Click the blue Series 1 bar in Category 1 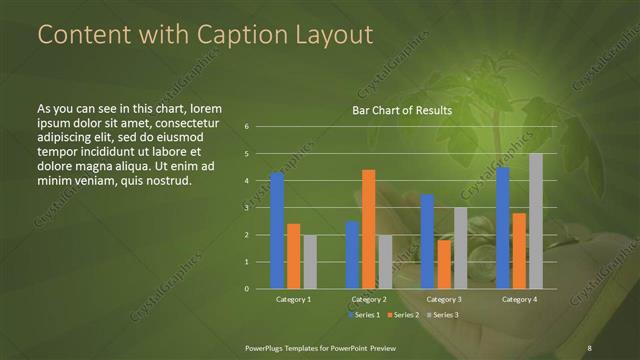[277, 231]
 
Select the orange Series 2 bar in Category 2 [368, 229]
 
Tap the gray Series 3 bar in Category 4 [536, 221]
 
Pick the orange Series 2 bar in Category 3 [444, 264]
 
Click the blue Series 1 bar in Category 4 [503, 228]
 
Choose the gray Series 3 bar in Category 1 [309, 262]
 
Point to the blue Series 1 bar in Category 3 [427, 241]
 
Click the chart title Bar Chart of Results [401, 110]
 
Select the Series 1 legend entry [363, 314]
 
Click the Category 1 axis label [293, 299]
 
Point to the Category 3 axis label [444, 299]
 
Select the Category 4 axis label [519, 299]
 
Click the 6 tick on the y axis [246, 127]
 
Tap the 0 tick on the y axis [246, 289]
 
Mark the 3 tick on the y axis [246, 208]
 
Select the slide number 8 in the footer [590, 347]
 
